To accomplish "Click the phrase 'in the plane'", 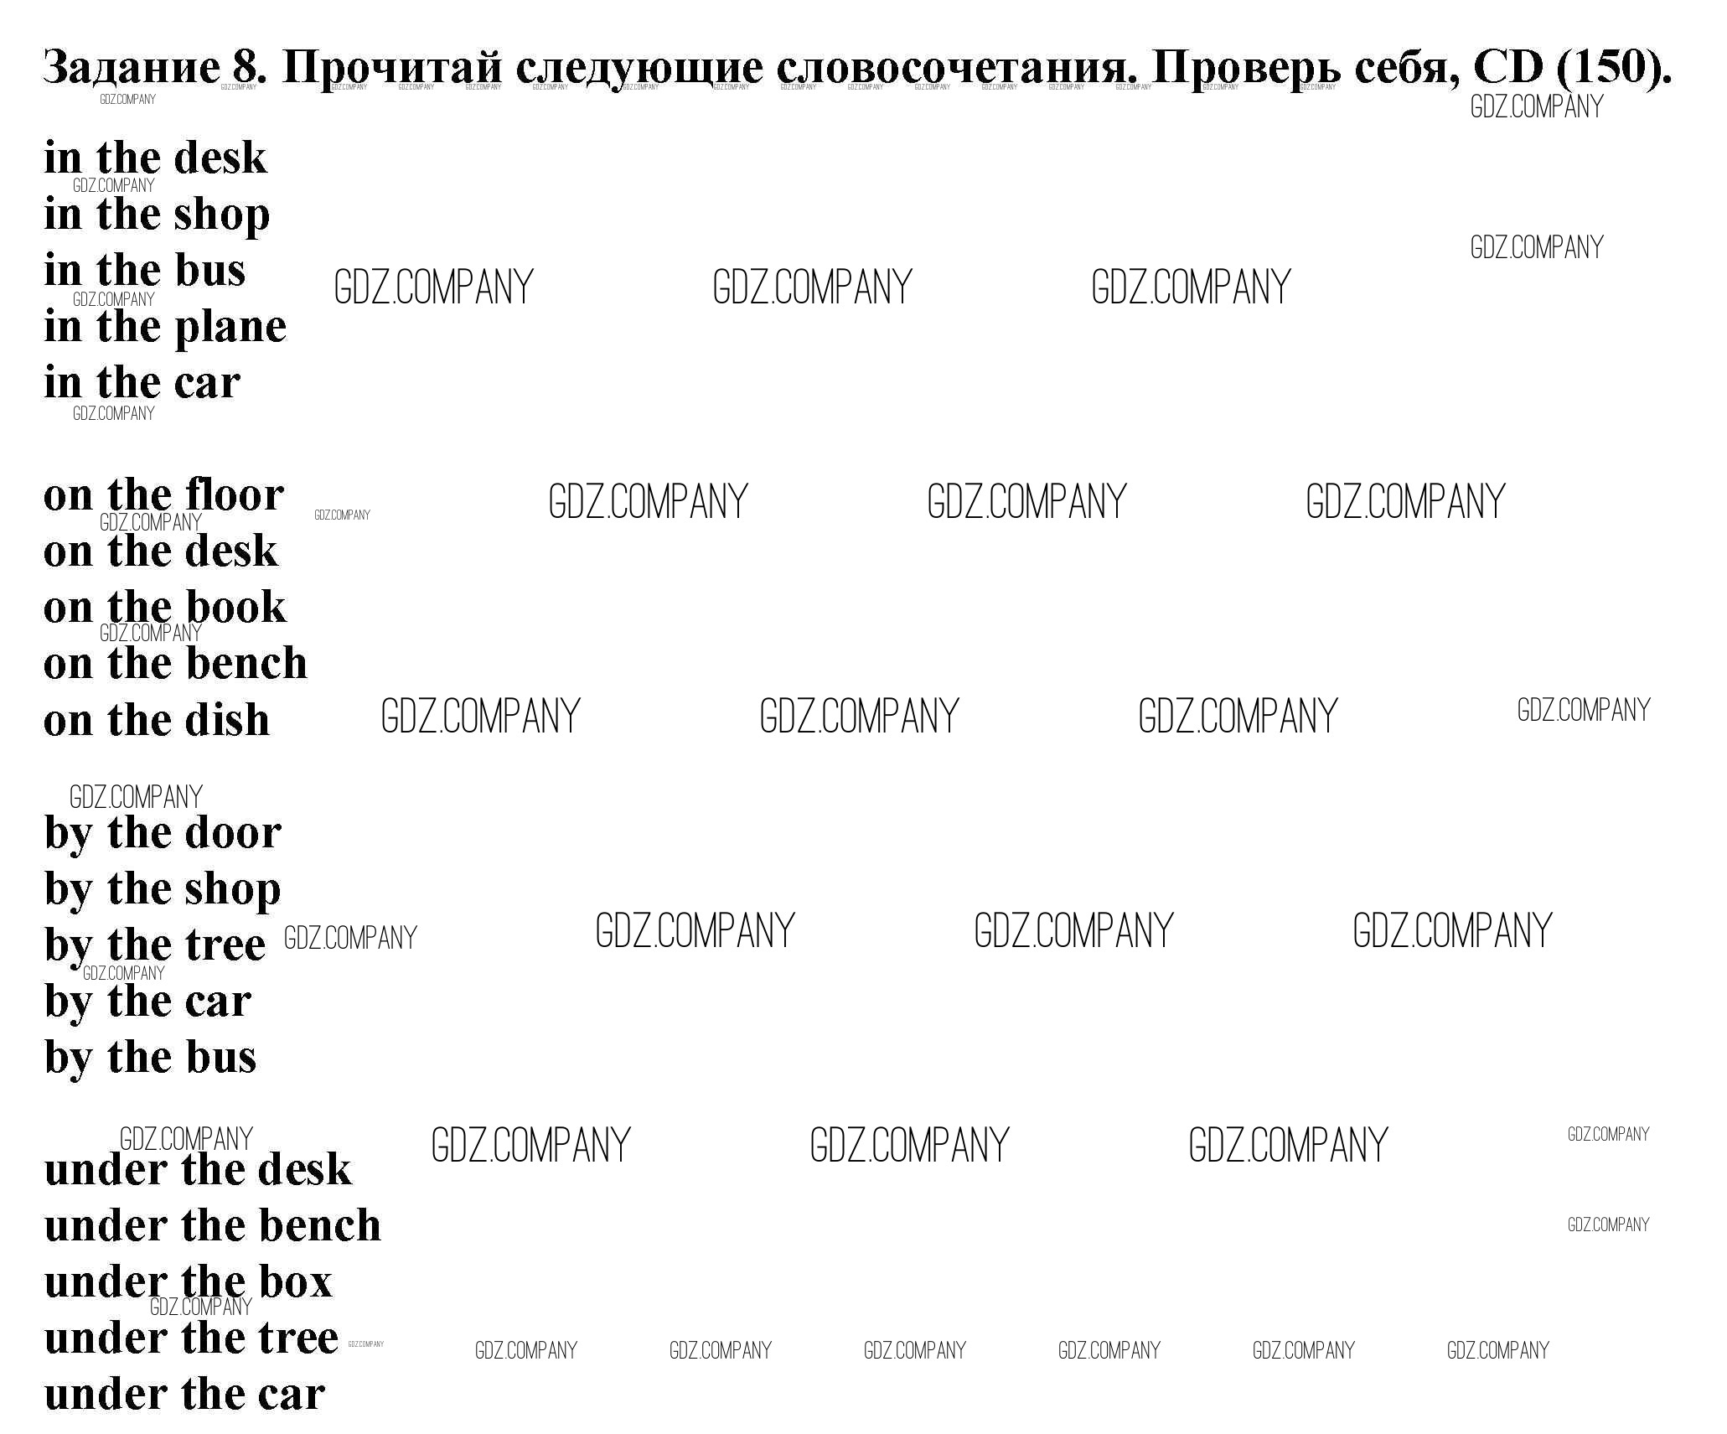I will coord(165,327).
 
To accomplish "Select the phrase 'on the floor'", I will coord(163,495).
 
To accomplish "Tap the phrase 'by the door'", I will coord(163,834).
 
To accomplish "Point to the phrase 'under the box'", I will coord(189,1282).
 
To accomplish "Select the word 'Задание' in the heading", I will coord(130,67).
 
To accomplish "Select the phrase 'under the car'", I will coord(184,1395).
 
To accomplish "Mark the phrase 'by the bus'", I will coord(151,1058).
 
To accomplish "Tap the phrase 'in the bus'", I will coord(145,271).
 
